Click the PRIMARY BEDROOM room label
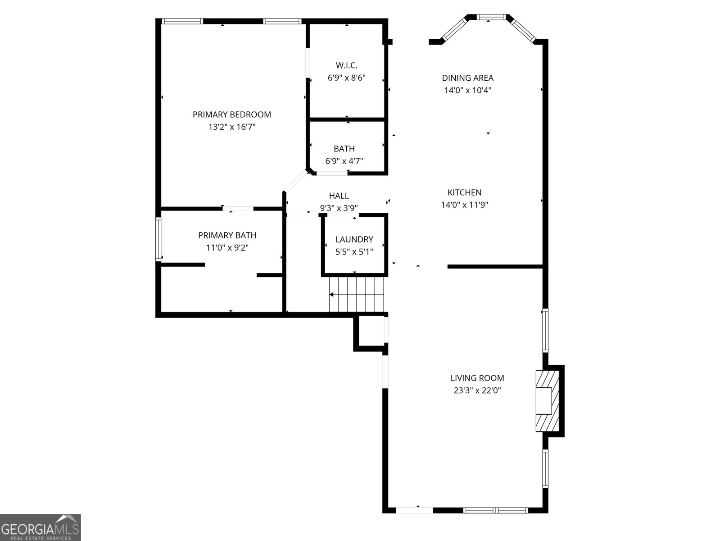point(231,115)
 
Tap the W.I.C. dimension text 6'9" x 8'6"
point(346,78)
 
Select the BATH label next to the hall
point(344,149)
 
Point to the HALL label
point(339,196)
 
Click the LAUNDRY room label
point(354,239)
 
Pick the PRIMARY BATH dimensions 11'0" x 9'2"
point(227,248)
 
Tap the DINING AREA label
point(467,78)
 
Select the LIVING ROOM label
point(477,378)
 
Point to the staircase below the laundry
point(357,294)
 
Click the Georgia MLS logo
point(40,527)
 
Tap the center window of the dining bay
point(491,18)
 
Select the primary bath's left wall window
point(158,239)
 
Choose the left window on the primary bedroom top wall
point(182,21)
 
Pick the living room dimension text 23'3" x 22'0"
point(477,390)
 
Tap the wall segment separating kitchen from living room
point(495,266)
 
